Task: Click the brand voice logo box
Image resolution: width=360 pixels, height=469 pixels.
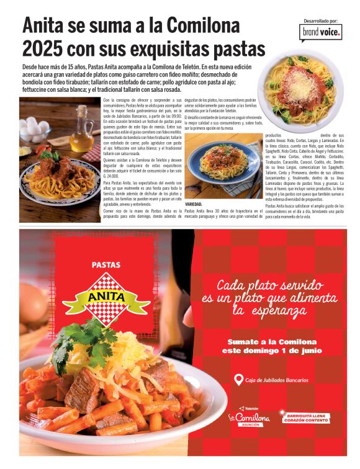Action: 320,32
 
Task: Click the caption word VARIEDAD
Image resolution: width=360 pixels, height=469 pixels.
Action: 194,204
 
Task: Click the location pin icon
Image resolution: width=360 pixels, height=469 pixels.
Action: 238,380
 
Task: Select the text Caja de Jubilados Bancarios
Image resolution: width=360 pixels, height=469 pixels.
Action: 276,380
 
